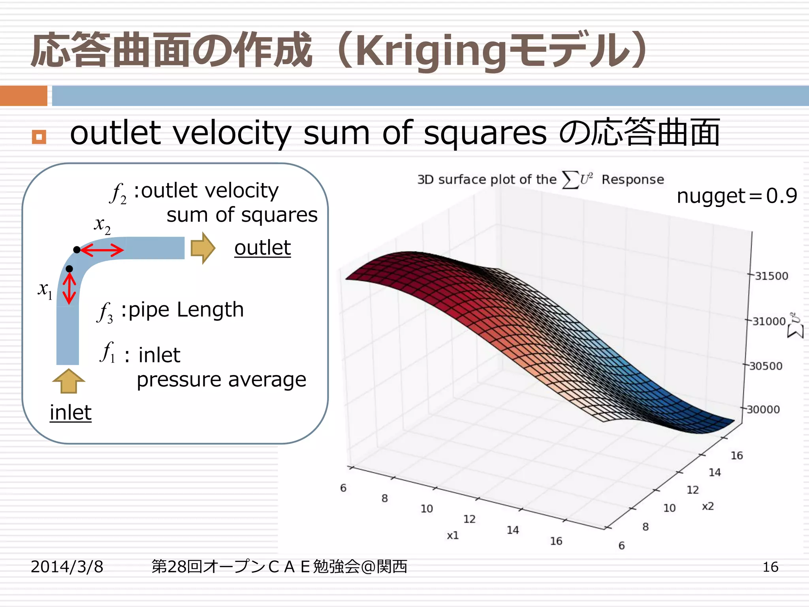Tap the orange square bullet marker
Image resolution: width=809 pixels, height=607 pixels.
pos(39,137)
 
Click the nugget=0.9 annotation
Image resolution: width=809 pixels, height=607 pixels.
pos(737,196)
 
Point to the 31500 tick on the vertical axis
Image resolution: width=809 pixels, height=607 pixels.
pos(771,276)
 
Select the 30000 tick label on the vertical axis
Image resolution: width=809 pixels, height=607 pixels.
pos(763,409)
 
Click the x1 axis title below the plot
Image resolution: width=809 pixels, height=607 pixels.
pos(453,535)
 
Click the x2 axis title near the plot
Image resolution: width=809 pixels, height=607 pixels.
pos(707,506)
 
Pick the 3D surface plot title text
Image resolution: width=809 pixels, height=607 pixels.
pos(540,180)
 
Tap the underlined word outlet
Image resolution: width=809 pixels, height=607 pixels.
pos(262,248)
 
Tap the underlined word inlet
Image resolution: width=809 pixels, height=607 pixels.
pos(70,413)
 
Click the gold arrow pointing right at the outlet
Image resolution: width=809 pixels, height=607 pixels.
pos(203,248)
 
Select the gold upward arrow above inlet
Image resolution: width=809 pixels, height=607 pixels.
pos(68,381)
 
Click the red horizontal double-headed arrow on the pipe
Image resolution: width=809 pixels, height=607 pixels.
pos(102,250)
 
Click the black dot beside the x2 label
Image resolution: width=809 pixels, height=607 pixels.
pos(77,250)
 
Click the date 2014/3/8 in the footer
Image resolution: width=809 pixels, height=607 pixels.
pos(67,567)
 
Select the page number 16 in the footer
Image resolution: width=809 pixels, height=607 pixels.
pos(770,567)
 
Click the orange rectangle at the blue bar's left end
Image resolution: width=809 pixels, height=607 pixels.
pos(23,96)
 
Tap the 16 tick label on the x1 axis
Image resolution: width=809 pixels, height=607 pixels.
pos(556,541)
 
